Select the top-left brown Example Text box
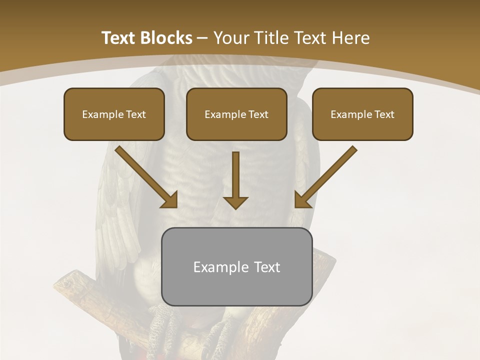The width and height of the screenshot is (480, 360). pyautogui.click(x=114, y=114)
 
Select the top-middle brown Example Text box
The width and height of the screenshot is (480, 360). pyautogui.click(x=236, y=114)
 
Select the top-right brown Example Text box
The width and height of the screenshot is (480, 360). pyautogui.click(x=362, y=114)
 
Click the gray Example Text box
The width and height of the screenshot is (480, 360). pyautogui.click(x=236, y=266)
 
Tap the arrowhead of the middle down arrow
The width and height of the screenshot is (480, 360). pyautogui.click(x=235, y=202)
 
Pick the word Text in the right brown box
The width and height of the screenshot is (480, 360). pyautogui.click(x=384, y=114)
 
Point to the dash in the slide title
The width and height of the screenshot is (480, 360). pyautogui.click(x=202, y=38)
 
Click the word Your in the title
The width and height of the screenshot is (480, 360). pyautogui.click(x=230, y=38)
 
